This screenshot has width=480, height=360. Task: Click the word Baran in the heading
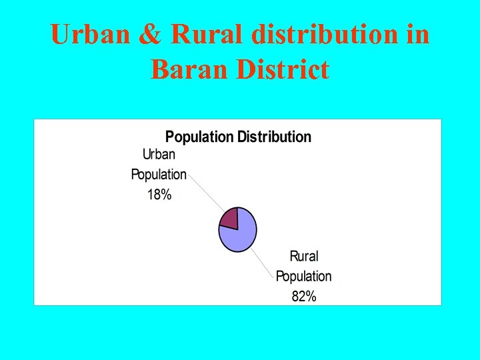(x=189, y=69)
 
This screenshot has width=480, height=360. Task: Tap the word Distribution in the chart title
(x=274, y=137)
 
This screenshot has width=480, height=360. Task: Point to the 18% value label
(x=159, y=195)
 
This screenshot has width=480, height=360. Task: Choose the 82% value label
(x=304, y=297)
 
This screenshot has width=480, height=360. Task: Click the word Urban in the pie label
(x=159, y=155)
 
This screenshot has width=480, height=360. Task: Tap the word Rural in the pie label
(x=304, y=256)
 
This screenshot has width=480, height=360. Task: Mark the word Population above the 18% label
(x=159, y=175)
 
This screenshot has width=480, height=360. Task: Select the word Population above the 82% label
(x=303, y=276)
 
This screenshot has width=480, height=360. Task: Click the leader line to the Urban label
(x=205, y=194)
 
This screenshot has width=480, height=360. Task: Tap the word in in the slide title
(x=417, y=35)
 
